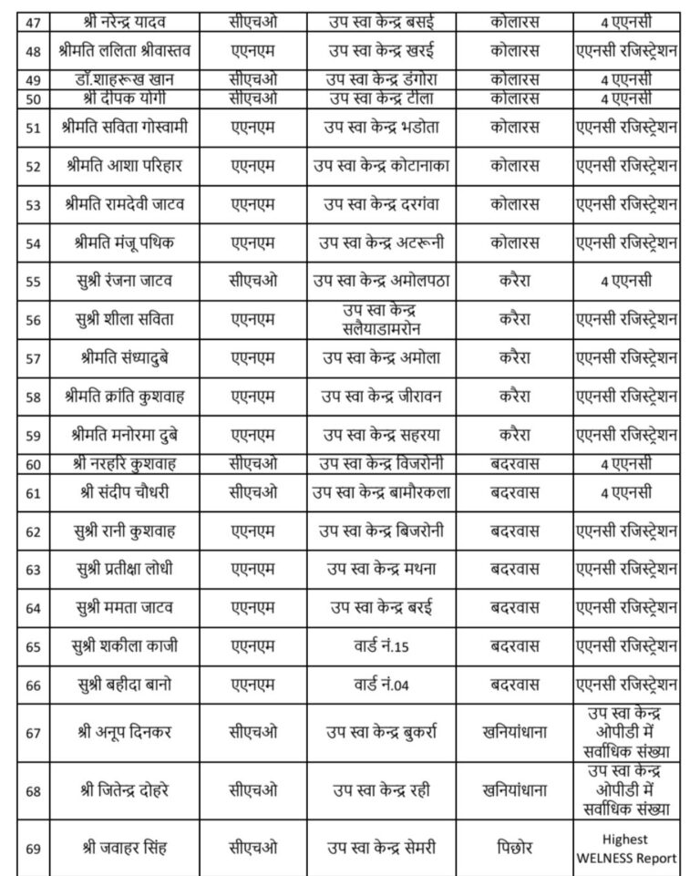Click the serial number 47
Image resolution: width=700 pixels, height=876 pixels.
point(34,18)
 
